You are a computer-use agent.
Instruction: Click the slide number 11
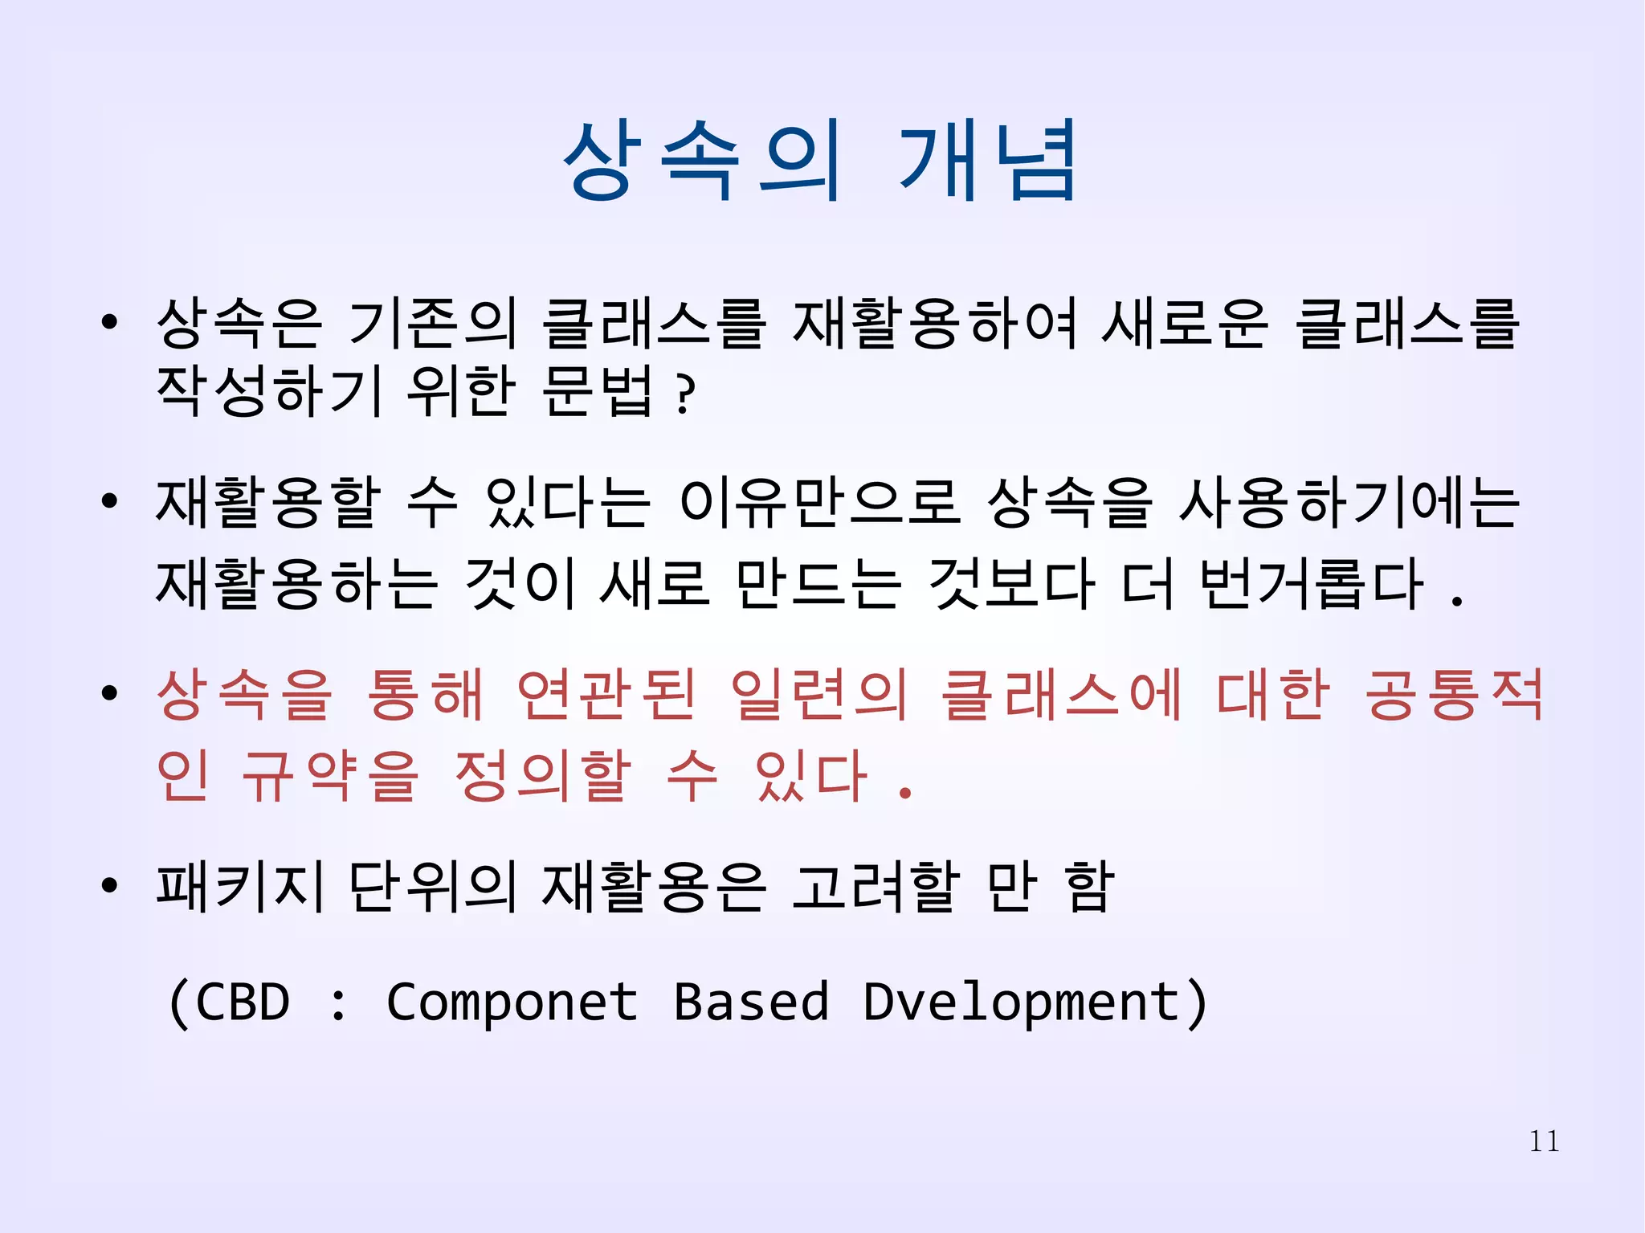coord(1544,1141)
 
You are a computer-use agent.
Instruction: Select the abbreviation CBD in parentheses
coord(242,1002)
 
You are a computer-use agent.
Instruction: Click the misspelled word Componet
coord(512,1002)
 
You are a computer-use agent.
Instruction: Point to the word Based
coord(750,1002)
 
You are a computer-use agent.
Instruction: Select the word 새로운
coord(1185,323)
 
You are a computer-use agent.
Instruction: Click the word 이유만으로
coord(819,503)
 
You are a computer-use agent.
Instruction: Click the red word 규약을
coord(330,776)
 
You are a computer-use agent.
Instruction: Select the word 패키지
coord(240,887)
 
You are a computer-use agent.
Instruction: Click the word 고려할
coord(876,887)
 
